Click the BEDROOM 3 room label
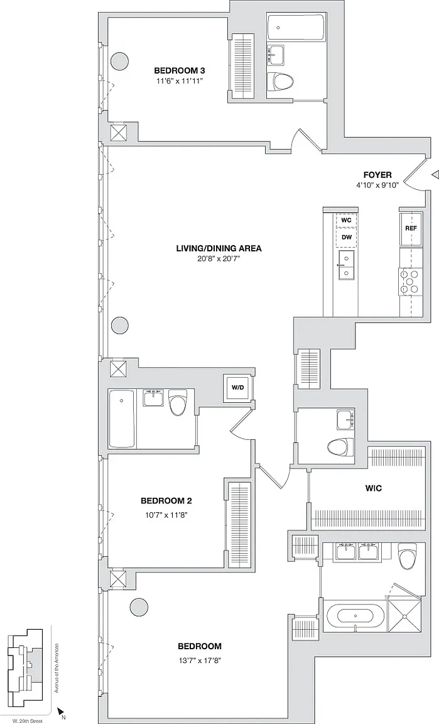point(179,70)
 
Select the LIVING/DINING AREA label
point(219,248)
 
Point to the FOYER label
point(377,175)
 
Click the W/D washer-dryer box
point(238,387)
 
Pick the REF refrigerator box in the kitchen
point(411,229)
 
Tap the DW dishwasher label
point(347,238)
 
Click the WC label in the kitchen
point(346,220)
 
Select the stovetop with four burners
point(411,283)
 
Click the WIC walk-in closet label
point(373,488)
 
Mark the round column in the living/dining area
point(120,325)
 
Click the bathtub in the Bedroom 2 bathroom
point(122,419)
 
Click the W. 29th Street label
point(26,721)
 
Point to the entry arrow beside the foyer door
point(435,175)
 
